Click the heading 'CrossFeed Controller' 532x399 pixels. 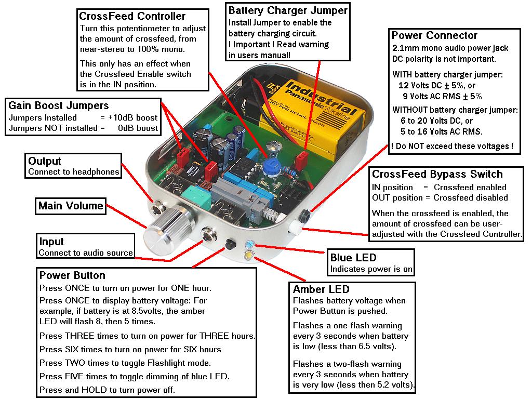click(132, 17)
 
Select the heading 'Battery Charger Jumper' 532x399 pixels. click(288, 10)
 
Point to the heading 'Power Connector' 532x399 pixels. click(434, 35)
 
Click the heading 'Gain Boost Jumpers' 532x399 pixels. click(59, 105)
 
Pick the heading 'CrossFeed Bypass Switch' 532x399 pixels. click(437, 174)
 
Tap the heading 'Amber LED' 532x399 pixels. click(321, 289)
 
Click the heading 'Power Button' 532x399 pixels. click(72, 275)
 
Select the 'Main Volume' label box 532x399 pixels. click(71, 206)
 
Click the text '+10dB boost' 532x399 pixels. click(133, 117)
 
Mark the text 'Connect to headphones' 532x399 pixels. click(74, 172)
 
